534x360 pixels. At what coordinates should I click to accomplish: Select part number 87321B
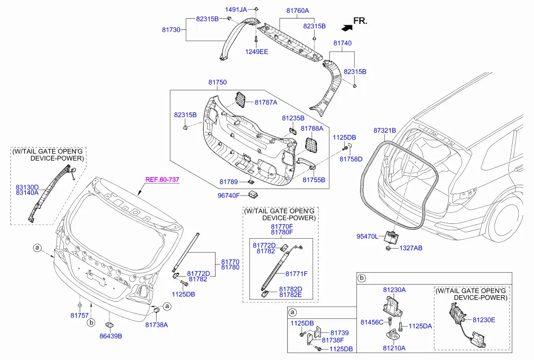(384, 131)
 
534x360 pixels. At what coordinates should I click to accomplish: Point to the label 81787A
(266, 102)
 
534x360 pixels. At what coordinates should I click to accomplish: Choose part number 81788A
(312, 128)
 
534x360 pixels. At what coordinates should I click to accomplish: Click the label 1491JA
(236, 10)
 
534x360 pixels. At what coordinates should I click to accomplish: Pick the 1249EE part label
(257, 51)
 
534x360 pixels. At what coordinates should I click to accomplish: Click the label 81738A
(157, 325)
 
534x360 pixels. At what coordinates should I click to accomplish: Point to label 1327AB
(411, 248)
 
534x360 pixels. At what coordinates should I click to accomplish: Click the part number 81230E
(483, 320)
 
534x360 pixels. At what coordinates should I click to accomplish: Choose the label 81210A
(394, 348)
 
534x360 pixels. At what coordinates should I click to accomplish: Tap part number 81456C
(372, 322)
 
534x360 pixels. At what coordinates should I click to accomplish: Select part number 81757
(79, 315)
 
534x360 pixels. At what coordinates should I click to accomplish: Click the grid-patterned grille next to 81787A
(241, 99)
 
